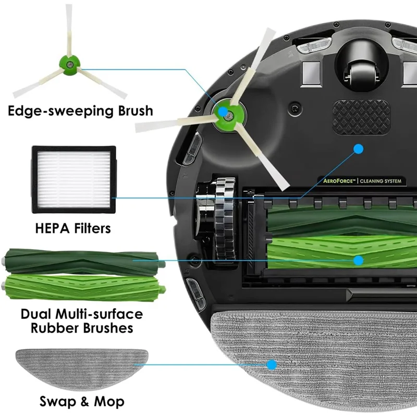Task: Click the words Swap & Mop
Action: [x=82, y=401]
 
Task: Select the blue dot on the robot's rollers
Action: [x=358, y=261]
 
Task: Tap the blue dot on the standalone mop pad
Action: [x=271, y=364]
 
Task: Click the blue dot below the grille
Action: [x=358, y=149]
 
